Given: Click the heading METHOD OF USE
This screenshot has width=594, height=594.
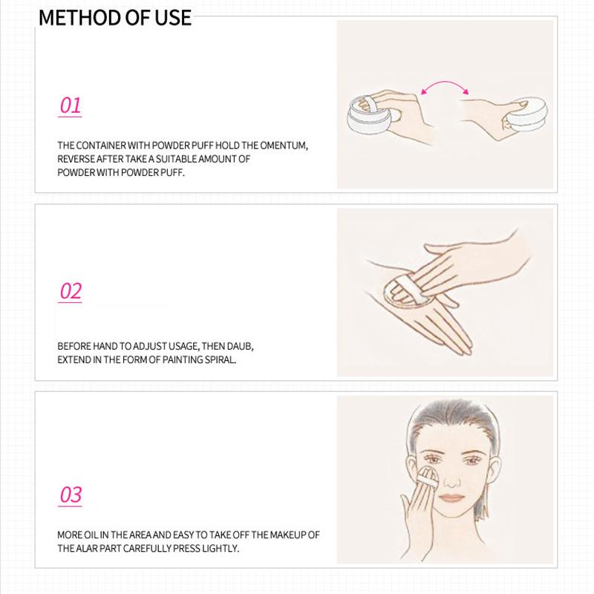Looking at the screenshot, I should click(114, 17).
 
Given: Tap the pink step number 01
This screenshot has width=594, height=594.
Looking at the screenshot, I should click(70, 105).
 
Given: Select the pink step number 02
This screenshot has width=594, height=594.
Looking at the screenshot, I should click(70, 291).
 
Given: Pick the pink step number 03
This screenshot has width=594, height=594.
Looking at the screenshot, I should click(70, 495).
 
